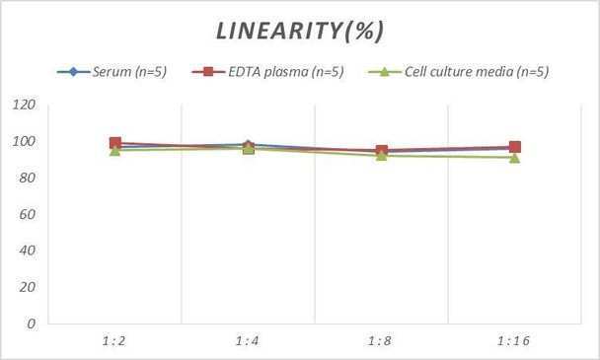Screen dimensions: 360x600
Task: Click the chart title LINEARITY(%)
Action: tap(299, 31)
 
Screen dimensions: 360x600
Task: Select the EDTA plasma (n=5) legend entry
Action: tap(271, 71)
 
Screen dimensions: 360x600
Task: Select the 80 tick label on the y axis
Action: tap(27, 179)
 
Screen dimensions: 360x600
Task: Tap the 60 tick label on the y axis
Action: tap(27, 214)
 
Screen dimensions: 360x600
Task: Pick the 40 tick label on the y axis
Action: tap(27, 251)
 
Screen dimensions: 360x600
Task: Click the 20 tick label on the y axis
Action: tap(27, 287)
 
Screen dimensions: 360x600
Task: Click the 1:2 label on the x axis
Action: tap(114, 340)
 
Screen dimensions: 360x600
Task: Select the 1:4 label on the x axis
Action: tap(248, 340)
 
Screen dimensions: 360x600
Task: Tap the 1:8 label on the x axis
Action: tap(381, 340)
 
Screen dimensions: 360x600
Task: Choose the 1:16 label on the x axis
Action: tap(514, 340)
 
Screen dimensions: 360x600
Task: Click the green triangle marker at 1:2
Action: tap(115, 151)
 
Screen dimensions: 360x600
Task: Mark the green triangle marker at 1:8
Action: tap(381, 156)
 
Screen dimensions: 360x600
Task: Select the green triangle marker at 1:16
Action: tap(514, 158)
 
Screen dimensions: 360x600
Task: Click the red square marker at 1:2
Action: tap(115, 144)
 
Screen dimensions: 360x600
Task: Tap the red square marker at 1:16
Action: tap(514, 147)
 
